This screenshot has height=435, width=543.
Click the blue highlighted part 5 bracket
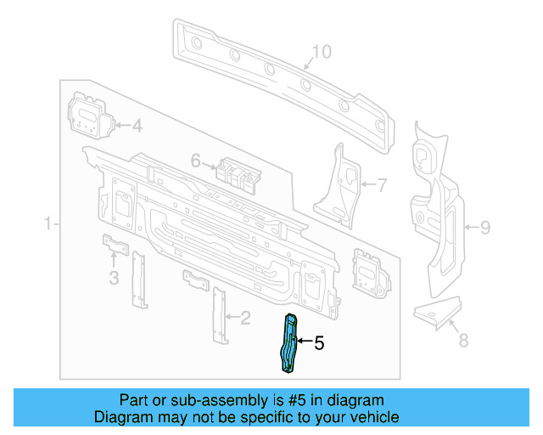tap(290, 342)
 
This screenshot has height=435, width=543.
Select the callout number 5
tap(319, 343)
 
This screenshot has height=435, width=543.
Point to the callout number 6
tap(195, 160)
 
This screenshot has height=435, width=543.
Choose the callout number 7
tap(381, 184)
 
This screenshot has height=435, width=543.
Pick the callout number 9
tap(485, 227)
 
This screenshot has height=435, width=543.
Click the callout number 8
tap(463, 341)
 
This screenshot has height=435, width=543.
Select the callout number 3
tap(113, 278)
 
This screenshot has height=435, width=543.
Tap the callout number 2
tap(246, 319)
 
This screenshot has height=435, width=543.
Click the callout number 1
tap(48, 224)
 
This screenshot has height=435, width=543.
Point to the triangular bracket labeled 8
tap(438, 310)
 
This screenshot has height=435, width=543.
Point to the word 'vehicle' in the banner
tap(374, 417)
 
